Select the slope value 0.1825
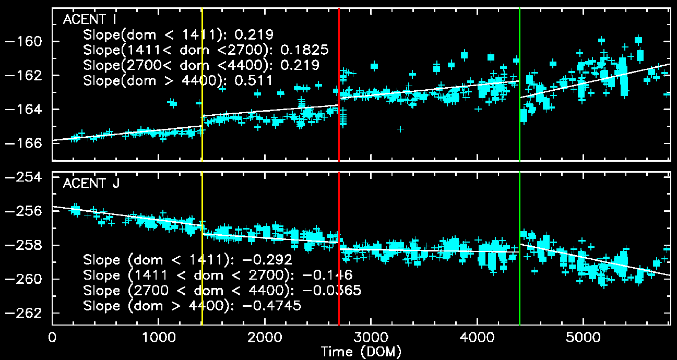tap(304, 50)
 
